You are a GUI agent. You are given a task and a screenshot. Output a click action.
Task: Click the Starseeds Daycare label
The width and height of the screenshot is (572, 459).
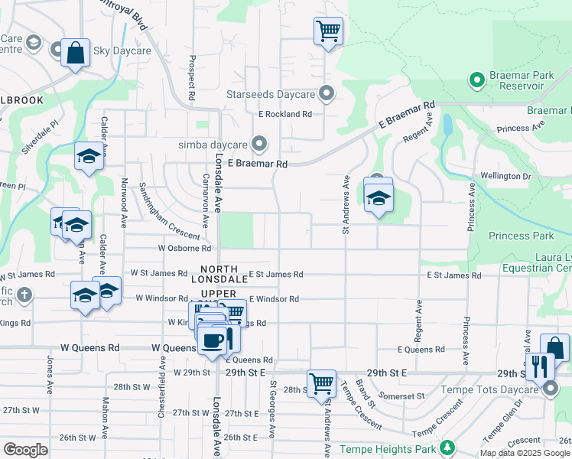271,95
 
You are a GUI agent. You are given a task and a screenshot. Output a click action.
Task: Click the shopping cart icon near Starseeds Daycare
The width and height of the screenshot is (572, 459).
328,31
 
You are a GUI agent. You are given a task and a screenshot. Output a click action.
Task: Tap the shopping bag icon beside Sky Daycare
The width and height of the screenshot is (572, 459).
76,53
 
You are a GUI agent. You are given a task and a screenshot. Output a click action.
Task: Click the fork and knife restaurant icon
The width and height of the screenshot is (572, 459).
540,366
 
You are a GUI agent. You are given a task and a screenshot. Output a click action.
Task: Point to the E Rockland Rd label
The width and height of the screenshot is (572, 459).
284,114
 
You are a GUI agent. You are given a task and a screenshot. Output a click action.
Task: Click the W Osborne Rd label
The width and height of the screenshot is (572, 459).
184,249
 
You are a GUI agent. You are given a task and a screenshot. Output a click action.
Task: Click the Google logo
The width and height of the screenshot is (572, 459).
25,450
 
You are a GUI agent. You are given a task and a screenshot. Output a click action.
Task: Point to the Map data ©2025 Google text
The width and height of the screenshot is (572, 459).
525,453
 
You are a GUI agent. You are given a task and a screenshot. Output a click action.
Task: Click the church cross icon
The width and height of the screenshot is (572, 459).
25,295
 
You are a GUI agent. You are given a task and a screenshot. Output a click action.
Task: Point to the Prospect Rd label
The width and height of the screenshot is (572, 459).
190,70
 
